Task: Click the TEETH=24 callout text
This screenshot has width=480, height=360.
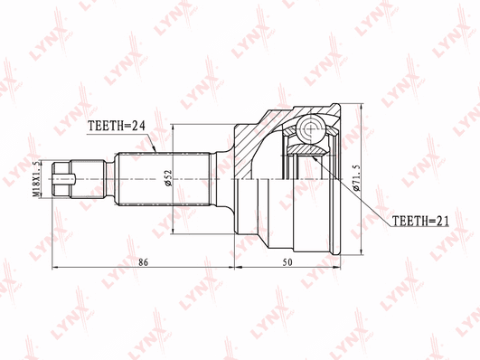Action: click(x=117, y=126)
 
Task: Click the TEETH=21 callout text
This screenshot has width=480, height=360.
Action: click(x=420, y=221)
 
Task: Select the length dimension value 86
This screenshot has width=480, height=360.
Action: click(x=143, y=262)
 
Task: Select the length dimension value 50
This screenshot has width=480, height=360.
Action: click(x=287, y=262)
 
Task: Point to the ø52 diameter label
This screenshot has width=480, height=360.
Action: click(x=169, y=178)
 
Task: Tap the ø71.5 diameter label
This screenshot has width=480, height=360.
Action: click(x=357, y=178)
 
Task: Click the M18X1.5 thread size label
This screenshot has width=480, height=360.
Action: click(x=36, y=179)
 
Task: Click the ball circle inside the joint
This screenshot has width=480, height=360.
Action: click(x=310, y=128)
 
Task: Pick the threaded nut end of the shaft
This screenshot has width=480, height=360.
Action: click(x=61, y=179)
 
